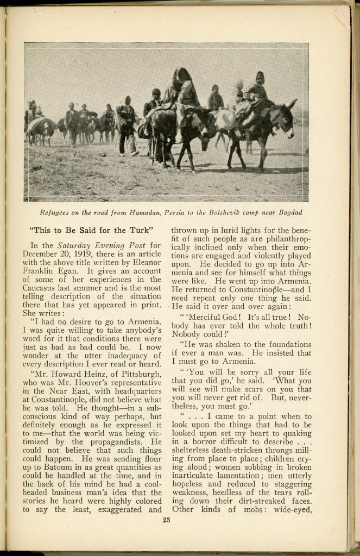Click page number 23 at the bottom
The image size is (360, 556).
[x=166, y=521]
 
